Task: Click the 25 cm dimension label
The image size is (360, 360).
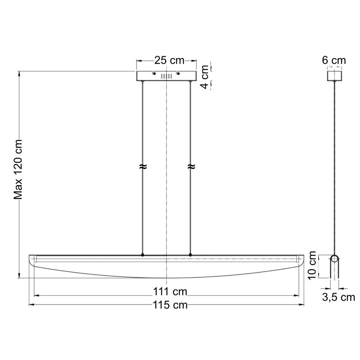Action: click(169, 60)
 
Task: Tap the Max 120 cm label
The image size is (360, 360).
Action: click(19, 169)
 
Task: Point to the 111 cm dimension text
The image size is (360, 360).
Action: click(170, 291)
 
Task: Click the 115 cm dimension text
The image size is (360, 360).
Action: click(170, 305)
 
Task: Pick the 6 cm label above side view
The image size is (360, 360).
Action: click(334, 60)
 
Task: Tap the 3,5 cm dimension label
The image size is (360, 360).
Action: click(338, 297)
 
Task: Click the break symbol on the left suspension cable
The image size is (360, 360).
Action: click(142, 167)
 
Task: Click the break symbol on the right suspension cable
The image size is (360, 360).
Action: click(190, 167)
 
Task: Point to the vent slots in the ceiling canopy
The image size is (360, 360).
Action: click(166, 76)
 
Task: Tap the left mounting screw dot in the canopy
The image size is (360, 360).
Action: click(154, 73)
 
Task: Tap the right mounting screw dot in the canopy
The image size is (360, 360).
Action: click(178, 73)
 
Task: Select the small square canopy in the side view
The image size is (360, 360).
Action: click(334, 76)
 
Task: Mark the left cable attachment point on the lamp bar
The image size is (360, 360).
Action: click(142, 255)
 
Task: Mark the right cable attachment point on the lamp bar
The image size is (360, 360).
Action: click(190, 255)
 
